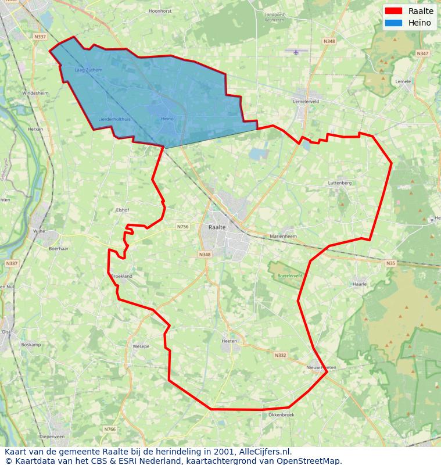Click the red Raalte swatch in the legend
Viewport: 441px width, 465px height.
(393, 11)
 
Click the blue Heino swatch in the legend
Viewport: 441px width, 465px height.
(393, 23)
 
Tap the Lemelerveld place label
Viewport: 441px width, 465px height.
(306, 101)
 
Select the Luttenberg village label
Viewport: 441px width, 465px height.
(340, 183)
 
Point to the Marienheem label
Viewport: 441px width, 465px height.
(284, 237)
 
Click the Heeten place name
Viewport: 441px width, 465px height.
(230, 341)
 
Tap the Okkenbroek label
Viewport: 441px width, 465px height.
(281, 415)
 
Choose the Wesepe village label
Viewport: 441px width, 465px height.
(141, 346)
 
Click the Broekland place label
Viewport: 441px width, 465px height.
(121, 277)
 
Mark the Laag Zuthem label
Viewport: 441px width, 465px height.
(88, 70)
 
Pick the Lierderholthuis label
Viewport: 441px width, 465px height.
(114, 119)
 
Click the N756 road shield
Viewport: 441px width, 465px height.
(183, 227)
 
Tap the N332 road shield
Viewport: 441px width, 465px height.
(280, 355)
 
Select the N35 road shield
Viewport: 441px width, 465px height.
(390, 263)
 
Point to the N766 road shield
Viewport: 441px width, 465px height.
(110, 430)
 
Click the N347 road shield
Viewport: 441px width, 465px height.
(422, 53)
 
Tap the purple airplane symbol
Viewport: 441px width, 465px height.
(296, 52)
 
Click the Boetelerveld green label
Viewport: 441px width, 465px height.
(289, 276)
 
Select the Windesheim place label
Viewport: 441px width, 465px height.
(35, 93)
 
